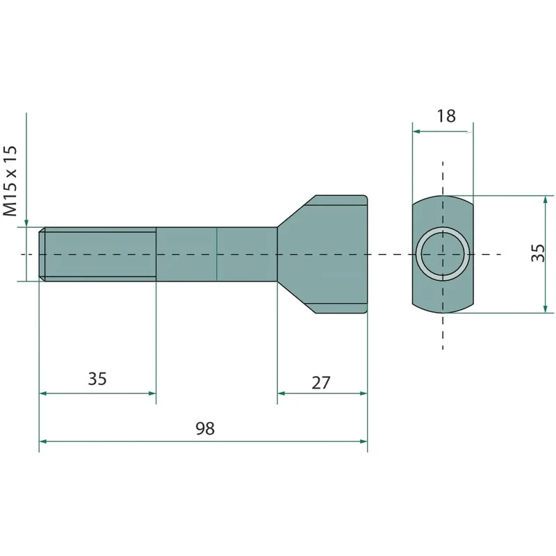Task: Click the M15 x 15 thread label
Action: [x=10, y=181]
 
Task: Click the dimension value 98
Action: [x=205, y=429]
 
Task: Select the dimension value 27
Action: [x=321, y=383]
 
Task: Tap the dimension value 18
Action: [x=446, y=116]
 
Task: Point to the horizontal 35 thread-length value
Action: [x=97, y=379]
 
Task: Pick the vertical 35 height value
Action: [x=537, y=253]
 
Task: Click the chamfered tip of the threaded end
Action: [x=42, y=254]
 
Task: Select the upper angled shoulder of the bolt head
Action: [x=297, y=211]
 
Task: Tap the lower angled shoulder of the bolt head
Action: [x=297, y=297]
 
